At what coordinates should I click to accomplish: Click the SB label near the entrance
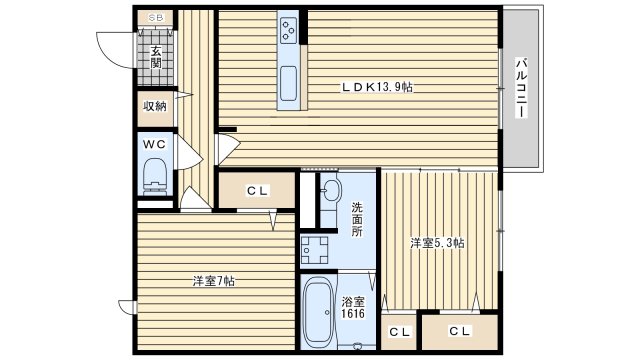point(156,18)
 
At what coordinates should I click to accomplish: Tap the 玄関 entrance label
point(156,58)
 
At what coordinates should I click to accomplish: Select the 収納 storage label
point(155,107)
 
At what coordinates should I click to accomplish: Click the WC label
point(155,144)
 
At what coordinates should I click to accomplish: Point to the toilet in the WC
point(155,176)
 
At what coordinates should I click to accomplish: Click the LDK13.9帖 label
point(377,87)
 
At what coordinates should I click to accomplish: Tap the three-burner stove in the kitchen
point(289,30)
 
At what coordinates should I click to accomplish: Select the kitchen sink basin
point(288,83)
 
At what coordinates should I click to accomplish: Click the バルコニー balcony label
point(520,88)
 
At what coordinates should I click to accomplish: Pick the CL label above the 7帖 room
point(258,190)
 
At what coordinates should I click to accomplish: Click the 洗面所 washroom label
point(358,219)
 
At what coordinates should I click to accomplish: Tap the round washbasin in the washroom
point(331,191)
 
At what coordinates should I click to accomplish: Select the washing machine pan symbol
point(315,250)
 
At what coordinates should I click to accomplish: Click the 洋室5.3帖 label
point(437,243)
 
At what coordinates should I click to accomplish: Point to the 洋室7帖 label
point(213,281)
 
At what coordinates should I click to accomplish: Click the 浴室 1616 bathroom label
point(353,308)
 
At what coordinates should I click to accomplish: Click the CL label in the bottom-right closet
point(460,331)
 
